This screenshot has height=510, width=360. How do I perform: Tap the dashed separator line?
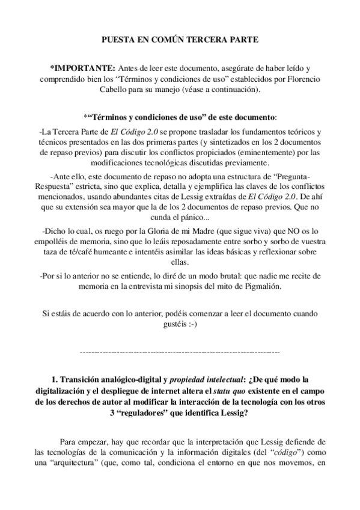tap(180, 349)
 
